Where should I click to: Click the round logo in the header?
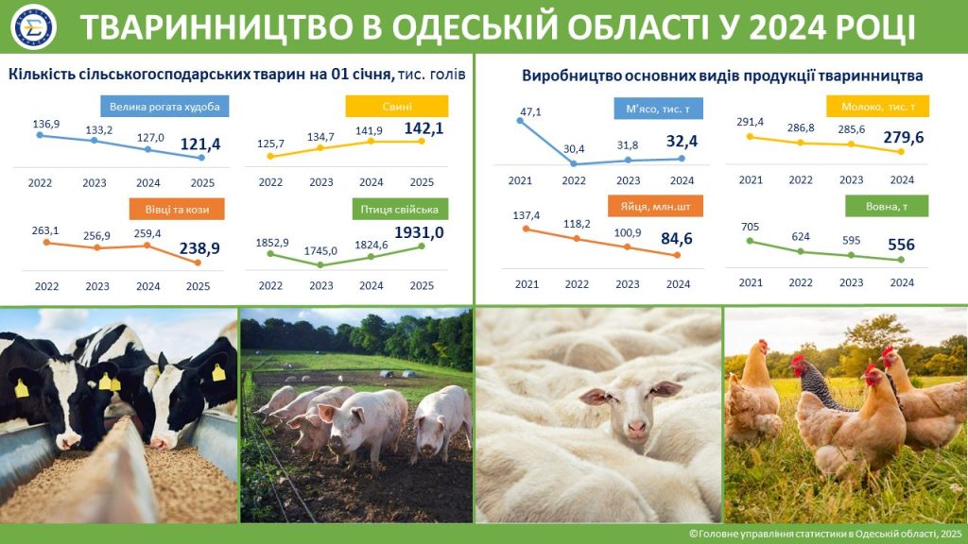click(34, 26)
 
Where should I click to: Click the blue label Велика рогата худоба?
click(164, 106)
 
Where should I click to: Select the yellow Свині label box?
click(397, 106)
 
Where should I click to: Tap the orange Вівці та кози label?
click(177, 209)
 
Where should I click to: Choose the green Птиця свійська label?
click(400, 209)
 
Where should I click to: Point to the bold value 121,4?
click(200, 144)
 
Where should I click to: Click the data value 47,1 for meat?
click(530, 111)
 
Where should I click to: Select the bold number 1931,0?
click(419, 232)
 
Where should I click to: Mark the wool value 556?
click(901, 245)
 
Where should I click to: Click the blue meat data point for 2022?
click(574, 164)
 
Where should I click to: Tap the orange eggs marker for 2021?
click(526, 229)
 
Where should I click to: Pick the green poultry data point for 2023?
click(320, 265)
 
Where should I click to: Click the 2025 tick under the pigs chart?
click(422, 182)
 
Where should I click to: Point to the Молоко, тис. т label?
click(878, 107)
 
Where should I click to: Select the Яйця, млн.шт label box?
click(655, 207)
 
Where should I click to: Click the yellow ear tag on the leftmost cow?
click(21, 388)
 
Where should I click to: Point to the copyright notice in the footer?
click(825, 534)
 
